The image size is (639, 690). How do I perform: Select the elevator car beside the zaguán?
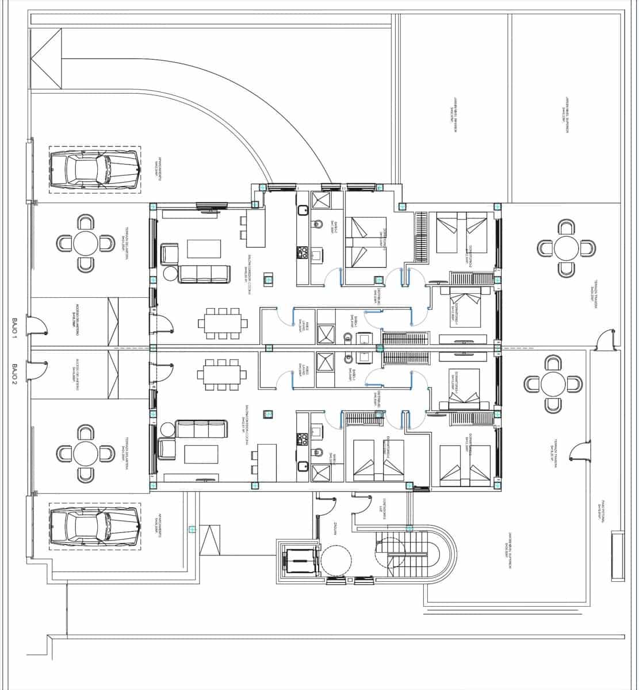point(299,559)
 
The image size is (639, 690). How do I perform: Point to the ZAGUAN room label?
point(334,530)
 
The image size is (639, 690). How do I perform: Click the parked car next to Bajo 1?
point(95,170)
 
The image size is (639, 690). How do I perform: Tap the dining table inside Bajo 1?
point(223,323)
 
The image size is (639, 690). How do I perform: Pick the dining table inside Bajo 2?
point(222,374)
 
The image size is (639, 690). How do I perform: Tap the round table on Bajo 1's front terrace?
point(86,243)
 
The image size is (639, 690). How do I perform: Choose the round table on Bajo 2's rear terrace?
point(553,384)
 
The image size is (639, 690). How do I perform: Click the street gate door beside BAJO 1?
point(37,327)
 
